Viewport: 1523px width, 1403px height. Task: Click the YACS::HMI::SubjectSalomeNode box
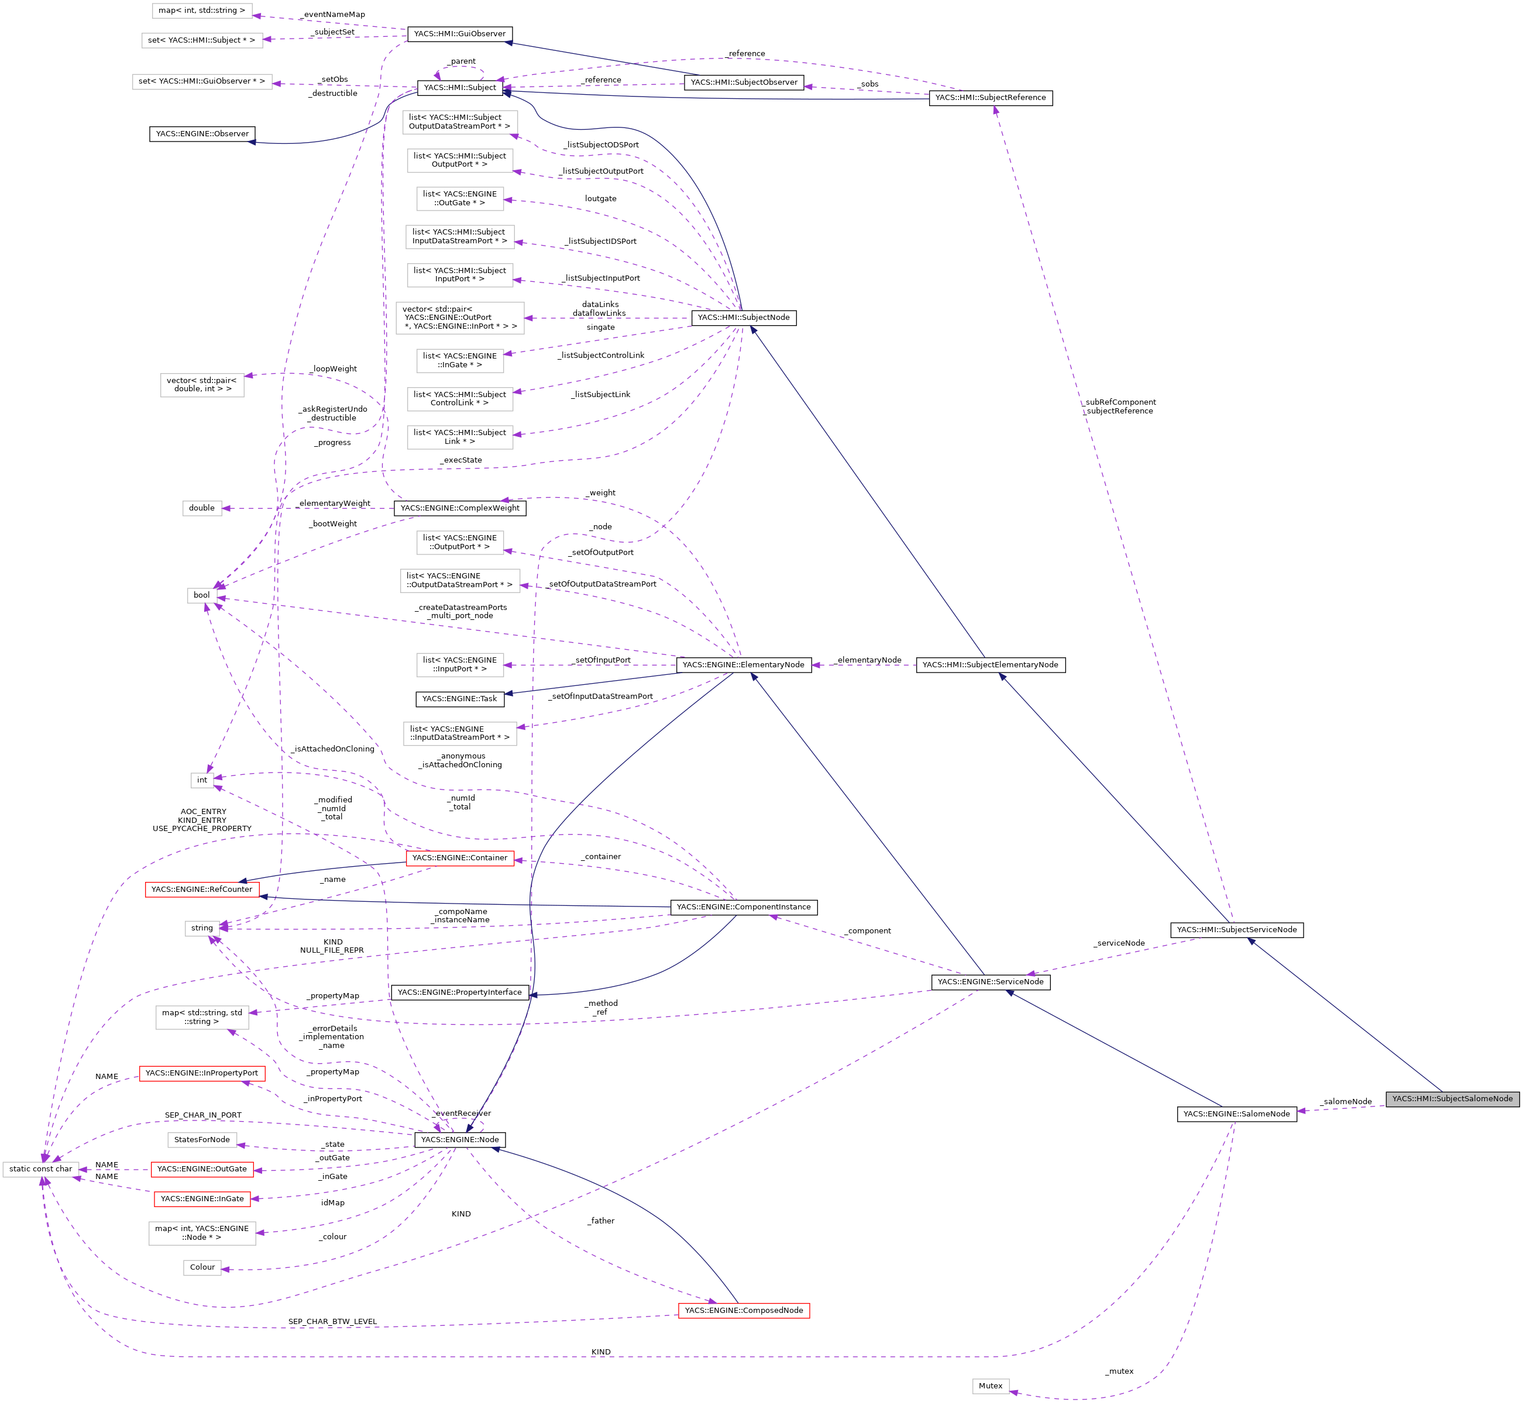1452,1098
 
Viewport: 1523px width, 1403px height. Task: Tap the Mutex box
990,1385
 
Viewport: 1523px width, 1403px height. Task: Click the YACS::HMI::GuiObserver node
459,34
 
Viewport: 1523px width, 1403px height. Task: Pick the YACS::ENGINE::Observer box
202,133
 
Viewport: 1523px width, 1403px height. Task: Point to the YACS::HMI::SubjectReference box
990,98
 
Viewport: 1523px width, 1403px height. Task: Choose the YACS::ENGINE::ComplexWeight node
459,508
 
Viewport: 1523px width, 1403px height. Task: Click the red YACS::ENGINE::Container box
459,858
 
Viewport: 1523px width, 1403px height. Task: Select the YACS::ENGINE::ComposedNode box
743,1311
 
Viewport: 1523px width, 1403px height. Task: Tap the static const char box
40,1169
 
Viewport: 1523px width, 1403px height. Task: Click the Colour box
202,1267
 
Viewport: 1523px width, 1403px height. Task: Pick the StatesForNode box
201,1140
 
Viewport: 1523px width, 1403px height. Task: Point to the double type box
201,508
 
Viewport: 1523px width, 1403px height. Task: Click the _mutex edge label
1119,1371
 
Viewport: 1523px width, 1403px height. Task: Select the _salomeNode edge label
1345,1102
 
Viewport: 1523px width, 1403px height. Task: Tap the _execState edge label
460,460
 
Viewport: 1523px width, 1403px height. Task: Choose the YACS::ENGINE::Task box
459,698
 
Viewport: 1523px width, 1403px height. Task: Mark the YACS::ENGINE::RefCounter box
201,889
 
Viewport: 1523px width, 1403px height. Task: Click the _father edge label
601,1221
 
